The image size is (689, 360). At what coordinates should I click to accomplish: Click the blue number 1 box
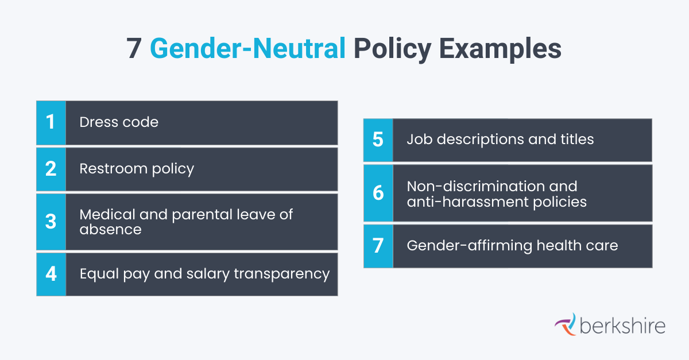(51, 122)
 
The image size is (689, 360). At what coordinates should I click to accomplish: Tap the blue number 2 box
(51, 169)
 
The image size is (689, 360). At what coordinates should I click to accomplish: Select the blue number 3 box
(51, 222)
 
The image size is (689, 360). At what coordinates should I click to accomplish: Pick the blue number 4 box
(51, 274)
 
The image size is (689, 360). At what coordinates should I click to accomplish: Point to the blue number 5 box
(378, 140)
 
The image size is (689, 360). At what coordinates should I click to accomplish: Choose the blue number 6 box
(378, 193)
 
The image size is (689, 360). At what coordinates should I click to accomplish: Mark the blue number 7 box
(378, 246)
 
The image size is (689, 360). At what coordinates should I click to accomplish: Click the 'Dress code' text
(119, 122)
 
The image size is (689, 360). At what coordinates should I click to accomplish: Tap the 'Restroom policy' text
(137, 169)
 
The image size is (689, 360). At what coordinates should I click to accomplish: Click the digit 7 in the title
(134, 49)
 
